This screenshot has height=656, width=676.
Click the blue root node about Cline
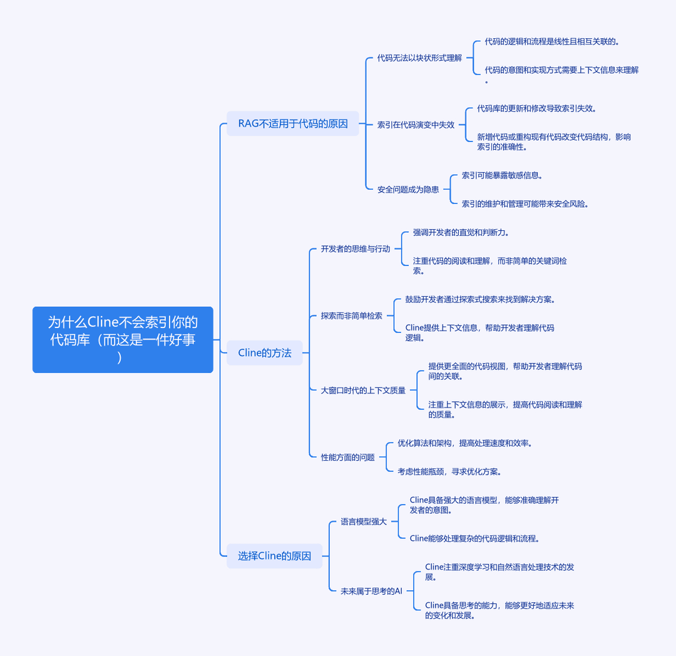pos(123,340)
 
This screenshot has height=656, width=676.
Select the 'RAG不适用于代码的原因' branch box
pos(293,124)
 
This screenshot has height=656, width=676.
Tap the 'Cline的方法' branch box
pos(265,353)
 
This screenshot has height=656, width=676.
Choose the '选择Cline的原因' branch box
pos(275,556)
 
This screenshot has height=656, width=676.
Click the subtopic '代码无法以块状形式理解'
pos(419,58)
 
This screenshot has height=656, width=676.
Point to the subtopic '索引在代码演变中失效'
pos(416,125)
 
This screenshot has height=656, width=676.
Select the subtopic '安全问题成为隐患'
pos(408,189)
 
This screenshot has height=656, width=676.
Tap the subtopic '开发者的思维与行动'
pos(356,249)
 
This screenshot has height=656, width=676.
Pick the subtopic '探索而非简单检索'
pos(352,315)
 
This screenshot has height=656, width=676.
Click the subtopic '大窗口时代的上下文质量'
pos(364,390)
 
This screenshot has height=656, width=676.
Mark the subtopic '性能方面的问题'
pos(348,457)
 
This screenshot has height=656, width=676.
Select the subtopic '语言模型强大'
pos(364,521)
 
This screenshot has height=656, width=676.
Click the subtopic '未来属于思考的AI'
pos(372,591)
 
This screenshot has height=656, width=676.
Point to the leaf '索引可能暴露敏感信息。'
pos(502,175)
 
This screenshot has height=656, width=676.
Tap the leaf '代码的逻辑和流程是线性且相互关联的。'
pos(552,41)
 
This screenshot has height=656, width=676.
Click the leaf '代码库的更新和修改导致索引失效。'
pos(536,108)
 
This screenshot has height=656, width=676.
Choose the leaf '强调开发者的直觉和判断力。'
pos(461,232)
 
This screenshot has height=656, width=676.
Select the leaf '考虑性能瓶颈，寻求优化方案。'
pos(449,471)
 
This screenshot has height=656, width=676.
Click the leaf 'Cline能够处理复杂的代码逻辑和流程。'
pos(474,538)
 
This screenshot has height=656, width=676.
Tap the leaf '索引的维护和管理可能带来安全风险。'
pos(525,203)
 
